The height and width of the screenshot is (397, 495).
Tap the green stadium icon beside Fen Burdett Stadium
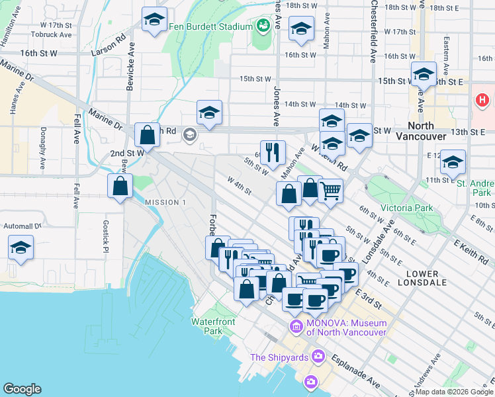(x=263, y=26)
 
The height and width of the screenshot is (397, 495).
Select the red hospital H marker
(x=482, y=101)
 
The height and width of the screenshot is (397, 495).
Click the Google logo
(x=22, y=389)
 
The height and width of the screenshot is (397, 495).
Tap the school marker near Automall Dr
(x=21, y=248)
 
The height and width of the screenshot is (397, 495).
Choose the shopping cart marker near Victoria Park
(x=330, y=191)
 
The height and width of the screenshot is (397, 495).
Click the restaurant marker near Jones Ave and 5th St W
(x=273, y=153)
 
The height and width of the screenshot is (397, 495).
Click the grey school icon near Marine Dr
(x=190, y=136)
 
